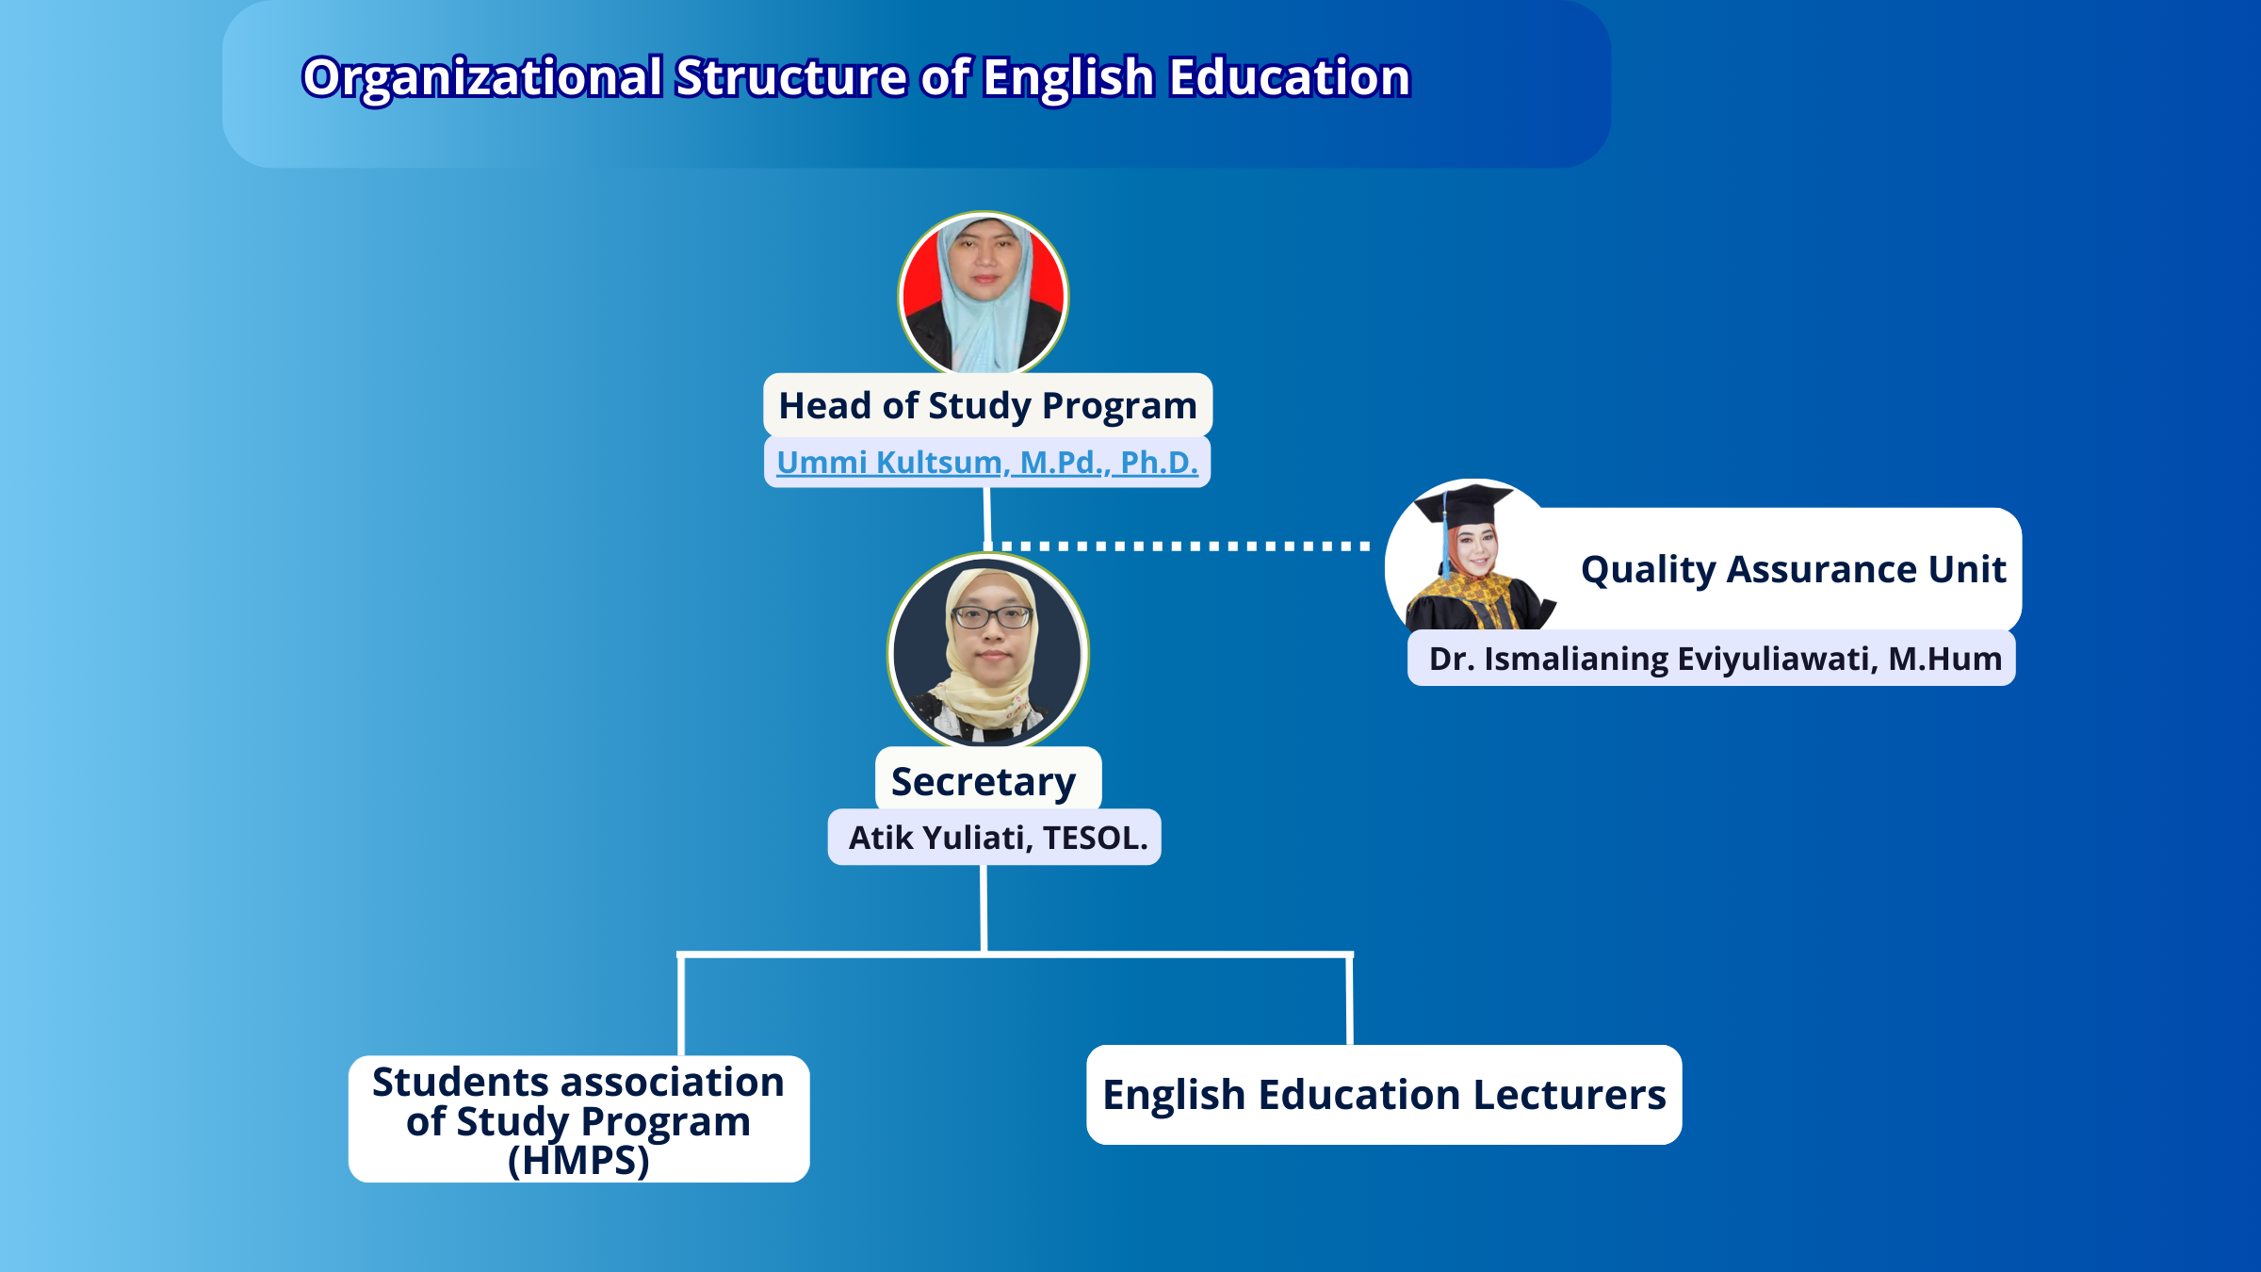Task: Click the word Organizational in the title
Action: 482,78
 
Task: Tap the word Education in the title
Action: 1290,76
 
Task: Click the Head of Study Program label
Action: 987,406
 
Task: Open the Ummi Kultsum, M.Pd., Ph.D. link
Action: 987,462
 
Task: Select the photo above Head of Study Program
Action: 984,294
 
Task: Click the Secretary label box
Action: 987,780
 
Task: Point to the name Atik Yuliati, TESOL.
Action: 998,838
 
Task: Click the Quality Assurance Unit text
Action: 1794,570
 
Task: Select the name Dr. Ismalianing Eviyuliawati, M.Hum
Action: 1715,659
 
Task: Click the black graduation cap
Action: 1464,507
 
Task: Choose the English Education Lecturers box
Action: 1384,1095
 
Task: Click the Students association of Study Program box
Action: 578,1119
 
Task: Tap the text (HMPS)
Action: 578,1161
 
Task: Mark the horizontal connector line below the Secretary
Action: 1015,954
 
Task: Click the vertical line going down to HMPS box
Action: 680,1004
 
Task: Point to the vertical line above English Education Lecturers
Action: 1350,1000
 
